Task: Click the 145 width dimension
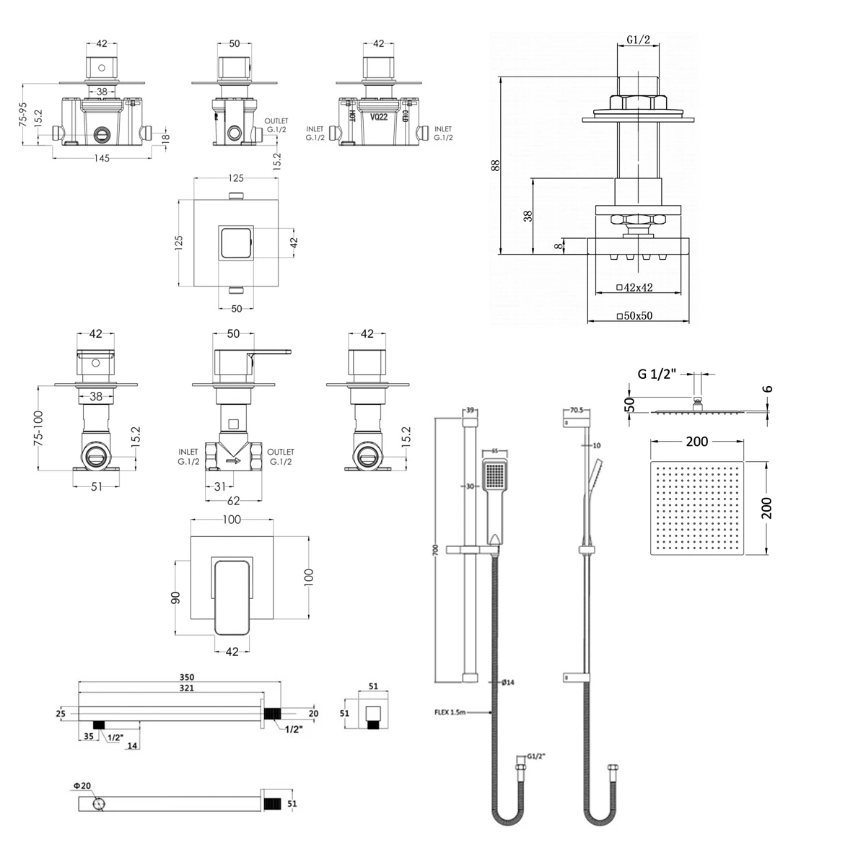pyautogui.click(x=102, y=159)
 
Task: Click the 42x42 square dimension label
pyautogui.click(x=635, y=287)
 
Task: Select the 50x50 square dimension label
pyautogui.click(x=635, y=316)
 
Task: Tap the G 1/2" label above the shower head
pyautogui.click(x=657, y=374)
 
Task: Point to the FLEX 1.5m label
pyautogui.click(x=451, y=712)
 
